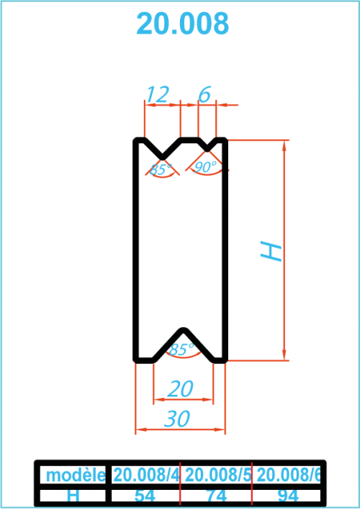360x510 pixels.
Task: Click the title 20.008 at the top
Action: point(183,24)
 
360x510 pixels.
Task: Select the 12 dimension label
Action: point(158,94)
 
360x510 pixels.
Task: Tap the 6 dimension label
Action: point(204,94)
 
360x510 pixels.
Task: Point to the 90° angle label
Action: point(205,167)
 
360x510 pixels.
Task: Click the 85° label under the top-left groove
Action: point(161,170)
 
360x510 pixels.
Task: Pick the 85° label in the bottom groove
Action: point(181,350)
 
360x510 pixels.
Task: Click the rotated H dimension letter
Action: point(271,250)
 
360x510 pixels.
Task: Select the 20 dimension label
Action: point(180,388)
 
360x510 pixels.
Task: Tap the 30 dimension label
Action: point(177,418)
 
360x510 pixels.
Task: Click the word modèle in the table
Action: point(76,475)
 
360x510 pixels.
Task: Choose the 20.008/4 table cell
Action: point(146,475)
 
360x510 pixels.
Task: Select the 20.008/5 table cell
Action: point(217,475)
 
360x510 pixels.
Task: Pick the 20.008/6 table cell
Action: point(289,475)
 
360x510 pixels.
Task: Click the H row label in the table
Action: point(73,496)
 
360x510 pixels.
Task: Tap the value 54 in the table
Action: point(145,496)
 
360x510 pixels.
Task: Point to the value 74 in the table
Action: point(217,496)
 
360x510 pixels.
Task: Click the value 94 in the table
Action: point(289,496)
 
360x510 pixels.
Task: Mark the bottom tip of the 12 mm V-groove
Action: point(163,158)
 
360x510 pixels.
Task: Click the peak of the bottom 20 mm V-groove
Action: point(184,329)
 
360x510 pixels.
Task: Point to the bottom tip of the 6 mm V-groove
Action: point(207,150)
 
